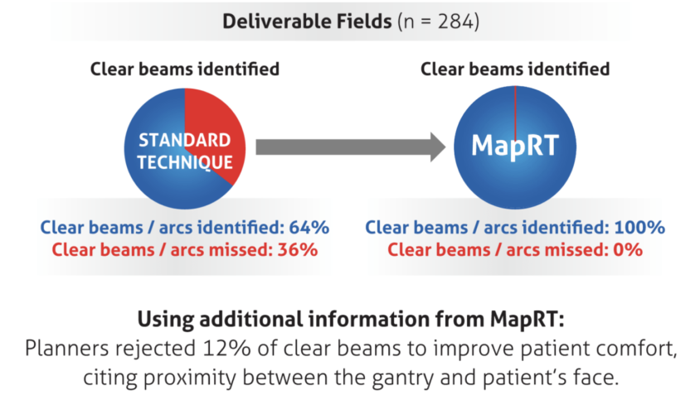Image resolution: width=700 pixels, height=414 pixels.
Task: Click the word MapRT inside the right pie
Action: pos(514,146)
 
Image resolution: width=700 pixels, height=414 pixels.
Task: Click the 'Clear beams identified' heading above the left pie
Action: pos(184,69)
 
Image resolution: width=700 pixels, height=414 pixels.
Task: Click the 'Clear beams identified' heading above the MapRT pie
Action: pos(515,69)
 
